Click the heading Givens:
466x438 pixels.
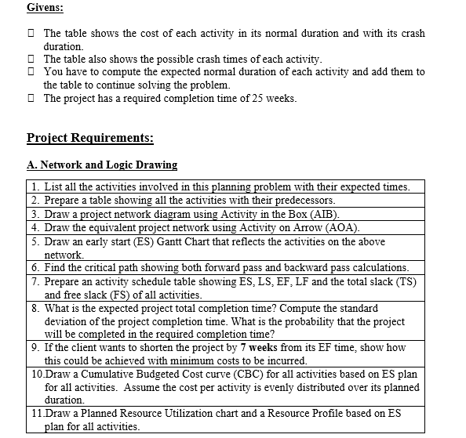(x=46, y=8)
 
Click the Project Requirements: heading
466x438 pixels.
(x=89, y=138)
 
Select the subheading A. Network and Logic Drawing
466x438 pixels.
(x=101, y=165)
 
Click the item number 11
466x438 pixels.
(x=38, y=413)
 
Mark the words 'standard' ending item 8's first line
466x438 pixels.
(x=355, y=308)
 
